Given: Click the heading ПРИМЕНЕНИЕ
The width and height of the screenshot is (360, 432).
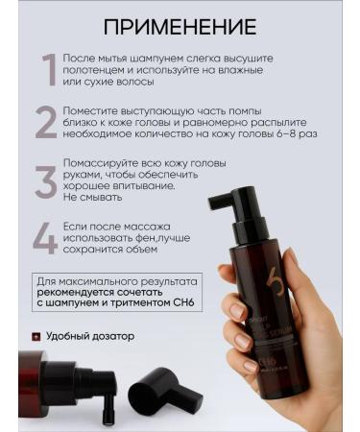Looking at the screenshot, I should pyautogui.click(x=180, y=26).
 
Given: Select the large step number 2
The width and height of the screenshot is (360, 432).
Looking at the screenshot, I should pyautogui.click(x=46, y=124).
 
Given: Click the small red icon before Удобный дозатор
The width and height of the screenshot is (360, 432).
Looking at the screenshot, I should pyautogui.click(x=36, y=337).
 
